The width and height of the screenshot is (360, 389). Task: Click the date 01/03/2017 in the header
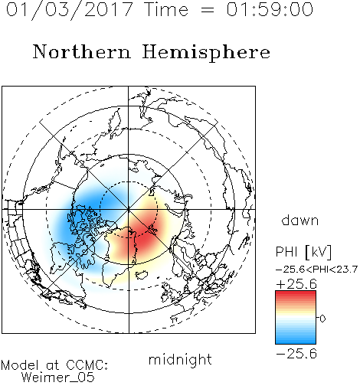point(70,9)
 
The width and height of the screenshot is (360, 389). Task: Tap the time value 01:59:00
point(270,9)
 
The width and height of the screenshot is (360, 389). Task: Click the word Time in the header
point(166,9)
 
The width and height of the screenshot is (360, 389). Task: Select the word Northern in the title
point(82,52)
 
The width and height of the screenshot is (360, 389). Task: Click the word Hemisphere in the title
point(206,53)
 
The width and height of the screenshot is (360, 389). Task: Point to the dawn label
point(300,221)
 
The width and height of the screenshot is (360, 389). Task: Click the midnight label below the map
point(180,359)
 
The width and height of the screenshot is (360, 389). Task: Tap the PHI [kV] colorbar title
point(303,252)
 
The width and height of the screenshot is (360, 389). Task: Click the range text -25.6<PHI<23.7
point(316,270)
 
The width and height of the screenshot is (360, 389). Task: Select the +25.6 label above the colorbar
point(296,284)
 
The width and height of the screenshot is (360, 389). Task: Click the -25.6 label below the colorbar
point(296,354)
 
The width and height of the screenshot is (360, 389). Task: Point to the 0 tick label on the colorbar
point(322,319)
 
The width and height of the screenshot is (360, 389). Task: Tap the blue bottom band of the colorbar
point(296,339)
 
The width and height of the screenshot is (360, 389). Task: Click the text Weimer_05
point(58,378)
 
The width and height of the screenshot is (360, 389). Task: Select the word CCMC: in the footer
point(87,365)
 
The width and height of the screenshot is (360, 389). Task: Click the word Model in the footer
point(20,365)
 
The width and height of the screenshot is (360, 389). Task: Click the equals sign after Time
point(208,10)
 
